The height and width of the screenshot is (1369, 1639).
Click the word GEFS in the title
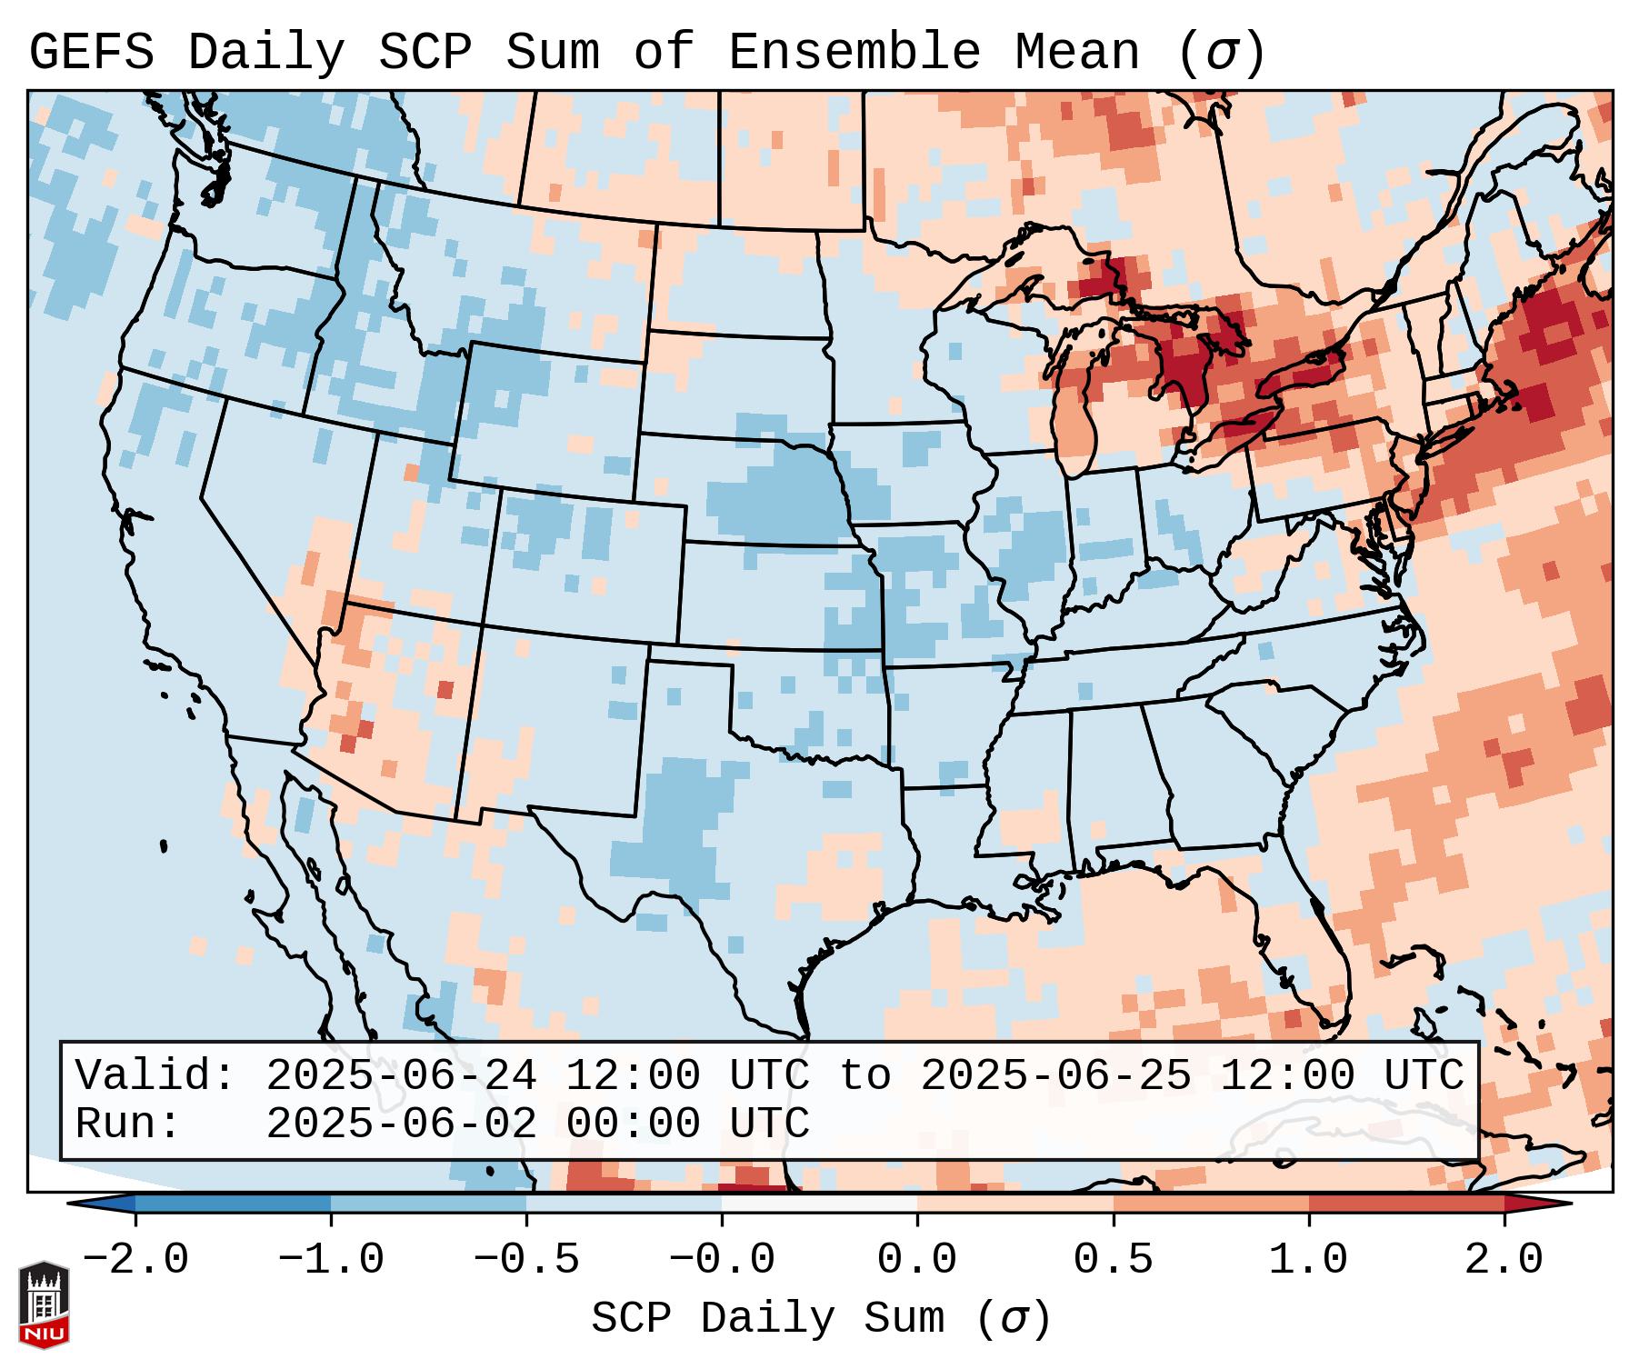pos(91,53)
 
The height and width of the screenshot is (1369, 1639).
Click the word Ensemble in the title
pos(854,53)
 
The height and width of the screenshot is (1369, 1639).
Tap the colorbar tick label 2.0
pos(1504,1260)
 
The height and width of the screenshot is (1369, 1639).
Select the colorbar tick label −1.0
pos(330,1260)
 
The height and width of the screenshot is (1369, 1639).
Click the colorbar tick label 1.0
pos(1308,1260)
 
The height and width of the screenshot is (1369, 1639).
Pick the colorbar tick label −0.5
pos(526,1260)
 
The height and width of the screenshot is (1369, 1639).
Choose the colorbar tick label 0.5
pos(1113,1260)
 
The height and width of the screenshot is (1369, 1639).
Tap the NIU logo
pos(44,1304)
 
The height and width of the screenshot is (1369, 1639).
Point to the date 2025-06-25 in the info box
pos(1055,1075)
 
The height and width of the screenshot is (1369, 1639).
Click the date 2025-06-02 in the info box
pos(401,1124)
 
